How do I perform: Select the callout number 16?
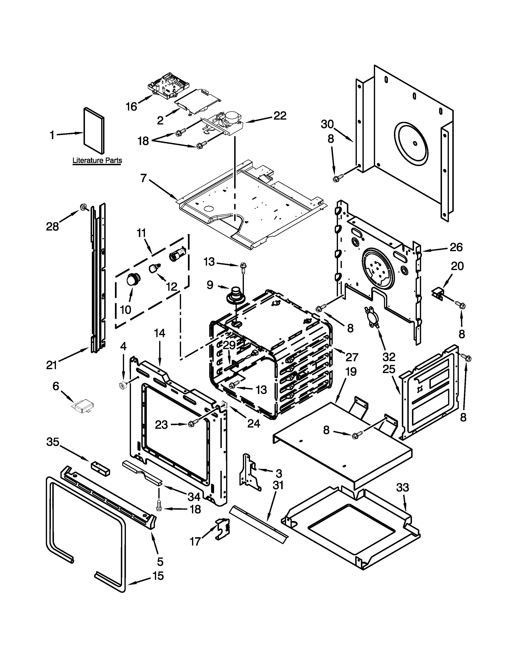[132, 107]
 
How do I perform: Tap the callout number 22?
[280, 116]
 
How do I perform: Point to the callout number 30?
[327, 124]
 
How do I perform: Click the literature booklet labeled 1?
[94, 130]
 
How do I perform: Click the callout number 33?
[402, 487]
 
